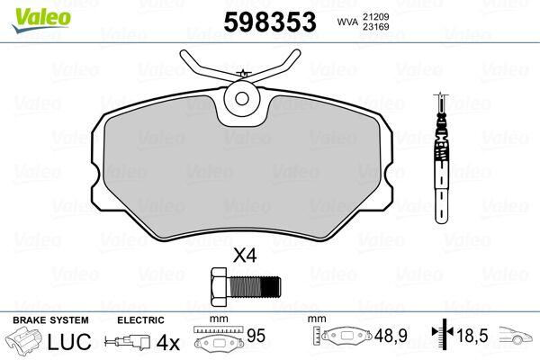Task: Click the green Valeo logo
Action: click(41, 21)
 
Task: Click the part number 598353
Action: click(270, 22)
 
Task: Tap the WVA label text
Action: click(347, 22)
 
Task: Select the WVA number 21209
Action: click(375, 16)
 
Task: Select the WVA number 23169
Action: click(375, 27)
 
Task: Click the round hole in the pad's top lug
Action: click(242, 99)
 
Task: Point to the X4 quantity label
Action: click(245, 256)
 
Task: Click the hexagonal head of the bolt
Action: click(219, 286)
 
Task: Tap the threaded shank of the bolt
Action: click(254, 286)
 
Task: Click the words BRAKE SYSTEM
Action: click(50, 320)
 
